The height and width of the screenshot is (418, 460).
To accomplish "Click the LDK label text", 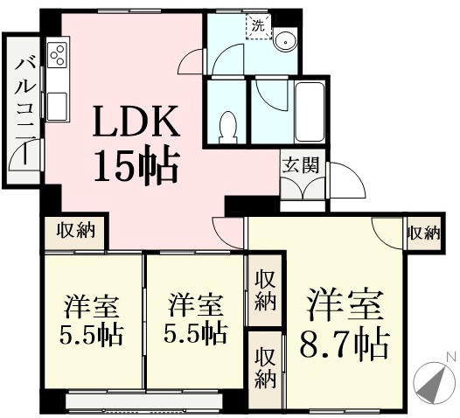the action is [136, 122].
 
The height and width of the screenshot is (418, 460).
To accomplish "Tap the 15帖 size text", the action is [136, 168].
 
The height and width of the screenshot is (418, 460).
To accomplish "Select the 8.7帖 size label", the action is [345, 345].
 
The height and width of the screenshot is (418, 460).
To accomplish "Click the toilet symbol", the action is [228, 127].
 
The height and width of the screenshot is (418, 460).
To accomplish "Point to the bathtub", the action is [310, 111].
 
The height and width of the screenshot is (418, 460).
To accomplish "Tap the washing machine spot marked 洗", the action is [259, 27].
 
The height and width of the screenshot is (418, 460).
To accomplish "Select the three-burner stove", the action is [57, 55].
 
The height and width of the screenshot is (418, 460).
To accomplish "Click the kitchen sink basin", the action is [57, 106].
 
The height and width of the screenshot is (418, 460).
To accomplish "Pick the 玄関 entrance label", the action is [300, 166].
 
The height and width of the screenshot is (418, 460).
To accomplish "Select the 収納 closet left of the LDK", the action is [76, 230].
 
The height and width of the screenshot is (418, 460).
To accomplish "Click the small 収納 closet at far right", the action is [423, 233].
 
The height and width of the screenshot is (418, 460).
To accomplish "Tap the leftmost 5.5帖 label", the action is [91, 335].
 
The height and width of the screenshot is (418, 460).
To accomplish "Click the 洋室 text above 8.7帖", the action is [345, 304].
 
